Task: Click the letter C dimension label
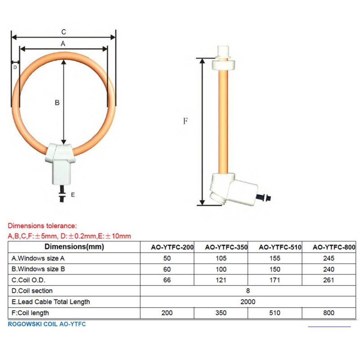click(x=63, y=32)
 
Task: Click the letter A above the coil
click(x=63, y=43)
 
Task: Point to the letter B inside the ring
click(x=57, y=103)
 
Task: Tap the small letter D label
click(x=15, y=67)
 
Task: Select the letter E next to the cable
click(x=73, y=195)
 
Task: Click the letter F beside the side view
click(x=185, y=121)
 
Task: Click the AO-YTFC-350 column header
click(x=226, y=247)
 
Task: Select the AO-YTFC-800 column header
click(x=334, y=247)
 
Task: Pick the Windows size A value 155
click(x=275, y=258)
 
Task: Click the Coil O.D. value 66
click(x=167, y=280)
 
